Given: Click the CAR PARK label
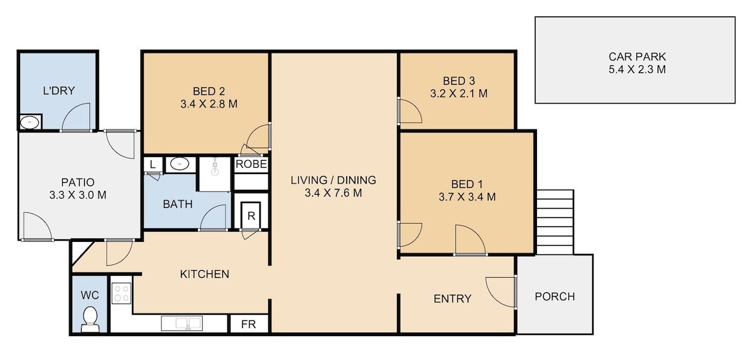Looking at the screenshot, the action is coord(637,57).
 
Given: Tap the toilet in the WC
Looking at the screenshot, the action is coord(90,320).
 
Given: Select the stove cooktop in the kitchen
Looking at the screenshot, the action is coord(121,293).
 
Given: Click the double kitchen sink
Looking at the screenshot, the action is coord(182,324).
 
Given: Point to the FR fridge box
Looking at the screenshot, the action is coord(248,324).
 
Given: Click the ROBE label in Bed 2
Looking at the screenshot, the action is coord(251,165).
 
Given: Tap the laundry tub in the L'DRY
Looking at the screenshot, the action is coord(30,123).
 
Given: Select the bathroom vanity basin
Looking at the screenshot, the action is coord(180,165).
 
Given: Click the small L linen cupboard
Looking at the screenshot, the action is coord(153,165).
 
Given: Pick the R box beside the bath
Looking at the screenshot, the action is coord(251,215).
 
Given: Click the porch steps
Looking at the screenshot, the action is coord(555,222).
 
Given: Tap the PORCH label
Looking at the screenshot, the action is coord(555,297).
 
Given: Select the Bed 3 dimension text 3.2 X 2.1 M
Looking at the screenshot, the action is coord(458,94).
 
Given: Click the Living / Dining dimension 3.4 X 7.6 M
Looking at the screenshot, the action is coord(333,194).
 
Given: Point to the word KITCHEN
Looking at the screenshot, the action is coord(205,274).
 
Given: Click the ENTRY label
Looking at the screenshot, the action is coord(452,298).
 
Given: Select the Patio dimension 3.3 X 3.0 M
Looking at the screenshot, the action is coord(78,195).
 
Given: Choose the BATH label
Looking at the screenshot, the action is coord(178,204).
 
